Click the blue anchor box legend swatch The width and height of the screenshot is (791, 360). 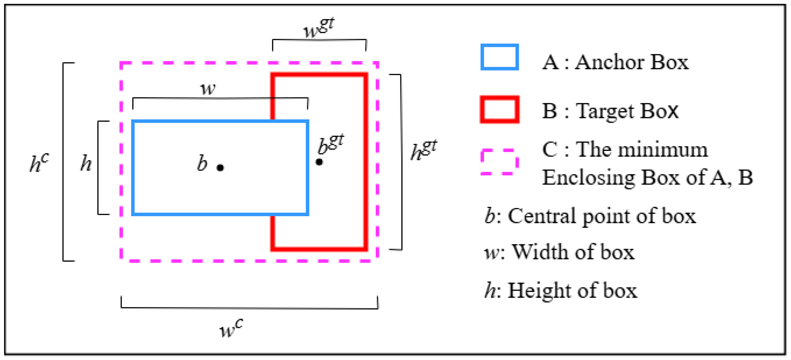[x=500, y=57]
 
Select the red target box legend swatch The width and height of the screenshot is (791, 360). [x=500, y=110]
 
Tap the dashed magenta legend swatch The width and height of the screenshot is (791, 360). [x=500, y=162]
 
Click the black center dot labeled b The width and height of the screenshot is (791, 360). [x=220, y=168]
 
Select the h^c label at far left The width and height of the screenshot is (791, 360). [x=39, y=163]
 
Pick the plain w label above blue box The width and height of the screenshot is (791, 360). [x=208, y=89]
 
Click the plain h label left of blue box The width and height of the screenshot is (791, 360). [x=86, y=163]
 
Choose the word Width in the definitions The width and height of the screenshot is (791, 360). [x=540, y=252]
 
